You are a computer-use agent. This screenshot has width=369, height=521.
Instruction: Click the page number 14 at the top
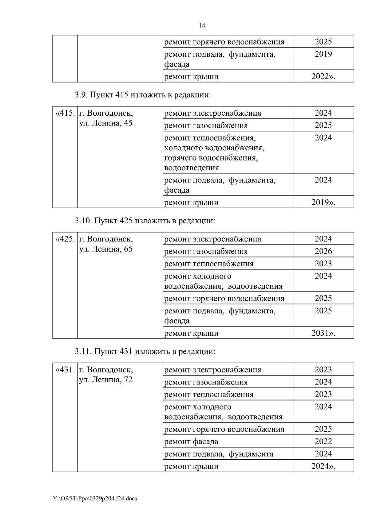(202, 25)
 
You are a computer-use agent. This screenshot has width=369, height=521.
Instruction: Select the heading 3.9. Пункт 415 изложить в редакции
(143, 95)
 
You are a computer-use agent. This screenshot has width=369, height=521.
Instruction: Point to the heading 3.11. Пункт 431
(145, 351)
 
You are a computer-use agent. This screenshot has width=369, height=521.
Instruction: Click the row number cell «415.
(65, 113)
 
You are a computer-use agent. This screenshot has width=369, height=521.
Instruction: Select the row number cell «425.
(65, 239)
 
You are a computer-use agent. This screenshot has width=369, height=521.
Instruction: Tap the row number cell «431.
(65, 370)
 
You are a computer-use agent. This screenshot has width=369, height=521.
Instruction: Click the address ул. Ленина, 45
(106, 123)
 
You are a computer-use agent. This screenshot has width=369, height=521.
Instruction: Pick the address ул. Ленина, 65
(106, 249)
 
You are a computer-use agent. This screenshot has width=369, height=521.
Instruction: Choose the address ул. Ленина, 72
(106, 380)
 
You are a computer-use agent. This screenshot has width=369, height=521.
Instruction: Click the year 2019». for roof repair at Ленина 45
(323, 203)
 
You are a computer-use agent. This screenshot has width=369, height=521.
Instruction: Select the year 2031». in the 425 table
(323, 333)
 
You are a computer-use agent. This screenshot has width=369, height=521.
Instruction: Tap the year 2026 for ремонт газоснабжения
(323, 251)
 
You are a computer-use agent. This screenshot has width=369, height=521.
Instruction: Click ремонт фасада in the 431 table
(191, 442)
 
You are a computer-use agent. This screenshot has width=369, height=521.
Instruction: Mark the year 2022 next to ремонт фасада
(323, 442)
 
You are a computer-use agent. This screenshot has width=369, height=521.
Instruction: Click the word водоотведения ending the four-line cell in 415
(192, 168)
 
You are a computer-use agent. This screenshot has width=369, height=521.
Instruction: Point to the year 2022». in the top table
(323, 77)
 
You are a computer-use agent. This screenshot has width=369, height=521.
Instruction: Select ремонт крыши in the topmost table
(191, 77)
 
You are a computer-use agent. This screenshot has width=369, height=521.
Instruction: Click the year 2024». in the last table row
(323, 466)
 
